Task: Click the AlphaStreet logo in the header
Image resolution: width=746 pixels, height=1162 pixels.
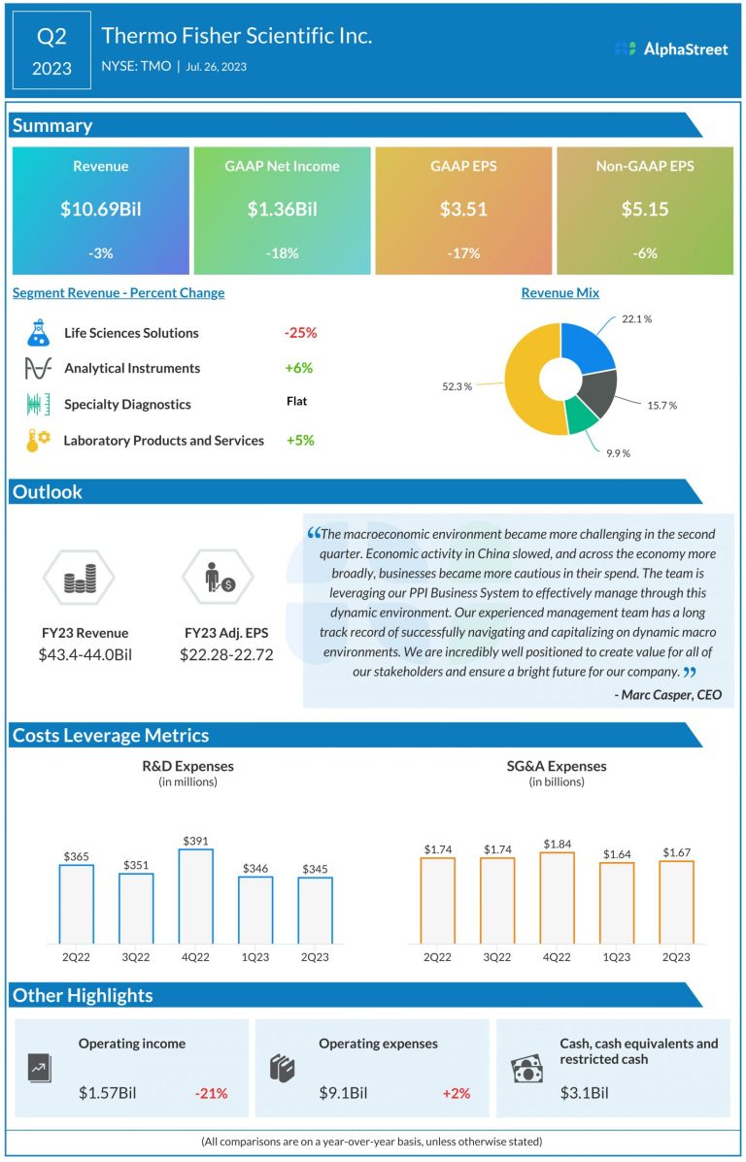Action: point(671,49)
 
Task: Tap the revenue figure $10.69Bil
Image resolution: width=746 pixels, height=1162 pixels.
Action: point(100,209)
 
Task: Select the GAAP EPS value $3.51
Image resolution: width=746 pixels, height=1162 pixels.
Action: point(463,209)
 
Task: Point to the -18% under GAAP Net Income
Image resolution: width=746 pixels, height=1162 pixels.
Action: point(282,253)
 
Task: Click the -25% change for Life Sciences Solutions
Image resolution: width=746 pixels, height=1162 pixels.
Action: point(300,333)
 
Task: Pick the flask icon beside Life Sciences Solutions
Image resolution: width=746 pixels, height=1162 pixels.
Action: point(38,333)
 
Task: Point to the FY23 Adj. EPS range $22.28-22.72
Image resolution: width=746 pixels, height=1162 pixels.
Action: point(226,654)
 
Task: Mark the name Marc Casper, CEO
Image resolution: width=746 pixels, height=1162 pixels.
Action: point(668,694)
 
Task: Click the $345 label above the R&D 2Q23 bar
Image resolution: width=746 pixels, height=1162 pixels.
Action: point(316,869)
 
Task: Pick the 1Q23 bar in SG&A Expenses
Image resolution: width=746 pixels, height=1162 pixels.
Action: point(616,902)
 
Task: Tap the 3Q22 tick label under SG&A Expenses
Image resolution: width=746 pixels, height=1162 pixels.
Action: point(497,956)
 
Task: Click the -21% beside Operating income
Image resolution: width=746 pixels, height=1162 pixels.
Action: point(211,1093)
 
